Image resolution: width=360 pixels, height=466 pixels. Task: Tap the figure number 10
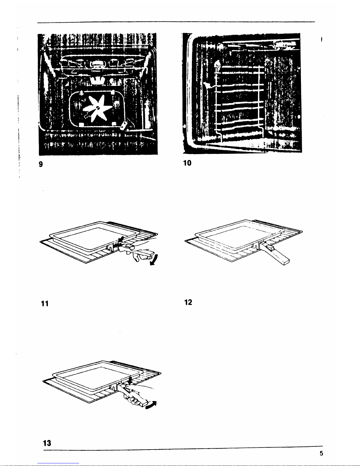point(187,163)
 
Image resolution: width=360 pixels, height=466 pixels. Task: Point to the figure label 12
point(188,302)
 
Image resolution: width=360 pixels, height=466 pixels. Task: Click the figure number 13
point(47,443)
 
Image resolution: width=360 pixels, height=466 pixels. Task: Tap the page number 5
point(322,453)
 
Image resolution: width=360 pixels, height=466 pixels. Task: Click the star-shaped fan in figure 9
point(98,109)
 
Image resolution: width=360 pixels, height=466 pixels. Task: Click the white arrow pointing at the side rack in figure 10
point(208,85)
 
